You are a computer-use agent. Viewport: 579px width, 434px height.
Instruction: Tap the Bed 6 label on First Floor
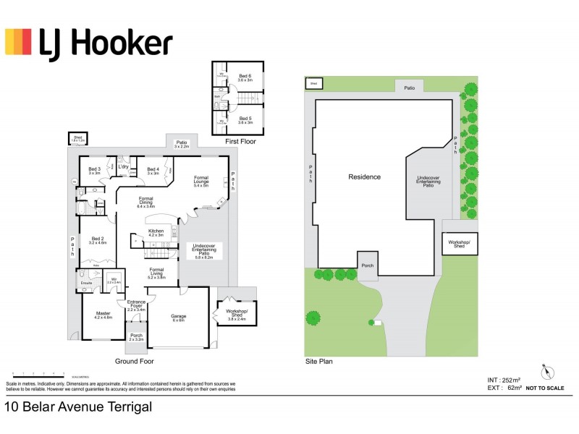pyautogui.click(x=245, y=77)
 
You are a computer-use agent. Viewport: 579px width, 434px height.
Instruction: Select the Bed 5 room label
pyautogui.click(x=245, y=119)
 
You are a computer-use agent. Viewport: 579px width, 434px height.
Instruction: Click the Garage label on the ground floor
pyautogui.click(x=178, y=316)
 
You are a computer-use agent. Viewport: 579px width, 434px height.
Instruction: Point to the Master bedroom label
pyautogui.click(x=103, y=315)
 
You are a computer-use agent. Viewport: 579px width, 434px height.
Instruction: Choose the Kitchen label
pyautogui.click(x=156, y=232)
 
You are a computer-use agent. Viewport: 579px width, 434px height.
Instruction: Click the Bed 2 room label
pyautogui.click(x=98, y=241)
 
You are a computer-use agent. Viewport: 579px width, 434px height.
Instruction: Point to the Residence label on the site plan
pyautogui.click(x=364, y=176)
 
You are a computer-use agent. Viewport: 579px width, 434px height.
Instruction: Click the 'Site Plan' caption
pyautogui.click(x=319, y=360)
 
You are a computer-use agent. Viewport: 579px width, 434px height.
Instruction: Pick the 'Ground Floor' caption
pyautogui.click(x=134, y=360)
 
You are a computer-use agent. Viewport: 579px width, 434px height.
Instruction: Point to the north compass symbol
pyautogui.click(x=548, y=373)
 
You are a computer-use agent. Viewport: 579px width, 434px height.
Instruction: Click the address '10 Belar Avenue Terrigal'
pyautogui.click(x=79, y=407)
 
